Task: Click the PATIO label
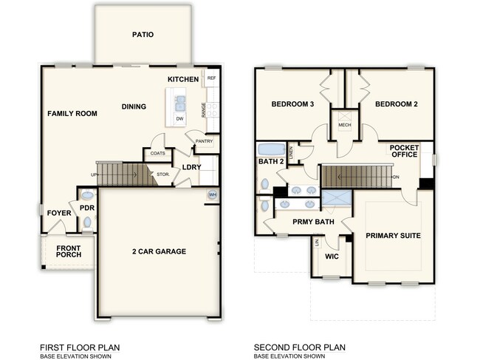click(143, 34)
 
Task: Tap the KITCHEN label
click(182, 78)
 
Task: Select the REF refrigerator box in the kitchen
click(211, 78)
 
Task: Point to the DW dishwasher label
click(180, 118)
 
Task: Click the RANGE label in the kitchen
click(203, 109)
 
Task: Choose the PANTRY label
click(204, 141)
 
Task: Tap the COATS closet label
click(157, 154)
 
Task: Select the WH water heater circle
click(213, 195)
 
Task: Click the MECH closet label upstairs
click(343, 125)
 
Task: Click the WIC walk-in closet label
click(332, 257)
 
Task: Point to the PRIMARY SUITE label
click(393, 235)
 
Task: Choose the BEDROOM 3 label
click(292, 104)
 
